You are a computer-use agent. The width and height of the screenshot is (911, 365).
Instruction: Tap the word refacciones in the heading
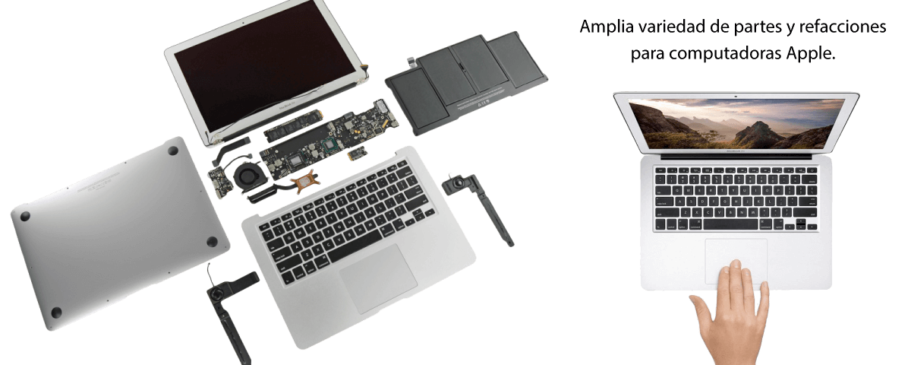pos(843,27)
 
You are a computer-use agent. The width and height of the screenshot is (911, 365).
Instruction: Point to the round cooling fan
pos(249,176)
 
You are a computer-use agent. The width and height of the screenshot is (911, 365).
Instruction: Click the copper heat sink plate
pos(305,182)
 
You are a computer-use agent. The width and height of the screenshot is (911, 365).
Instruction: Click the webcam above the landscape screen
pos(736,97)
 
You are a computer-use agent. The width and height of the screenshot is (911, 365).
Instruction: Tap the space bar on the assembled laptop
pos(730,224)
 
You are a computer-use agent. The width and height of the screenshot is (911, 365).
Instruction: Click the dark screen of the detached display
pos(265,65)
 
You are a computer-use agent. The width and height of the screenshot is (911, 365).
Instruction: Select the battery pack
pos(466,83)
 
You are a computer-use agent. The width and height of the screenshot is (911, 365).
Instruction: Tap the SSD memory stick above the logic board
pos(293,125)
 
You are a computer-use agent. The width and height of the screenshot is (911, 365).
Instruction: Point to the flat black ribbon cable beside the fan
pos(230,149)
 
